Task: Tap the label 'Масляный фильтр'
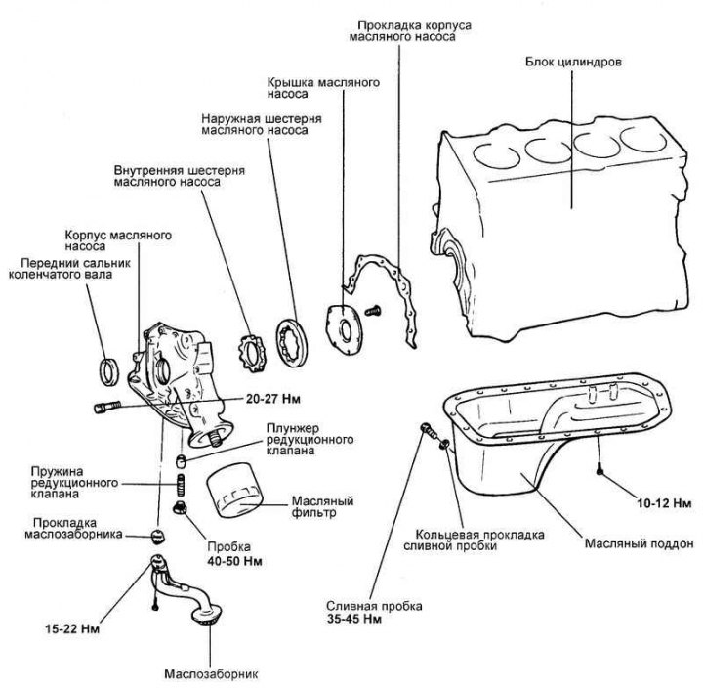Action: (319, 508)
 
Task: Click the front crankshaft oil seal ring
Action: (110, 371)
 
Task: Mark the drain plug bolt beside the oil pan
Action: (425, 431)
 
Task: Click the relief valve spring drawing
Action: (181, 484)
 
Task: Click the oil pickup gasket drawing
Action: (155, 534)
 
